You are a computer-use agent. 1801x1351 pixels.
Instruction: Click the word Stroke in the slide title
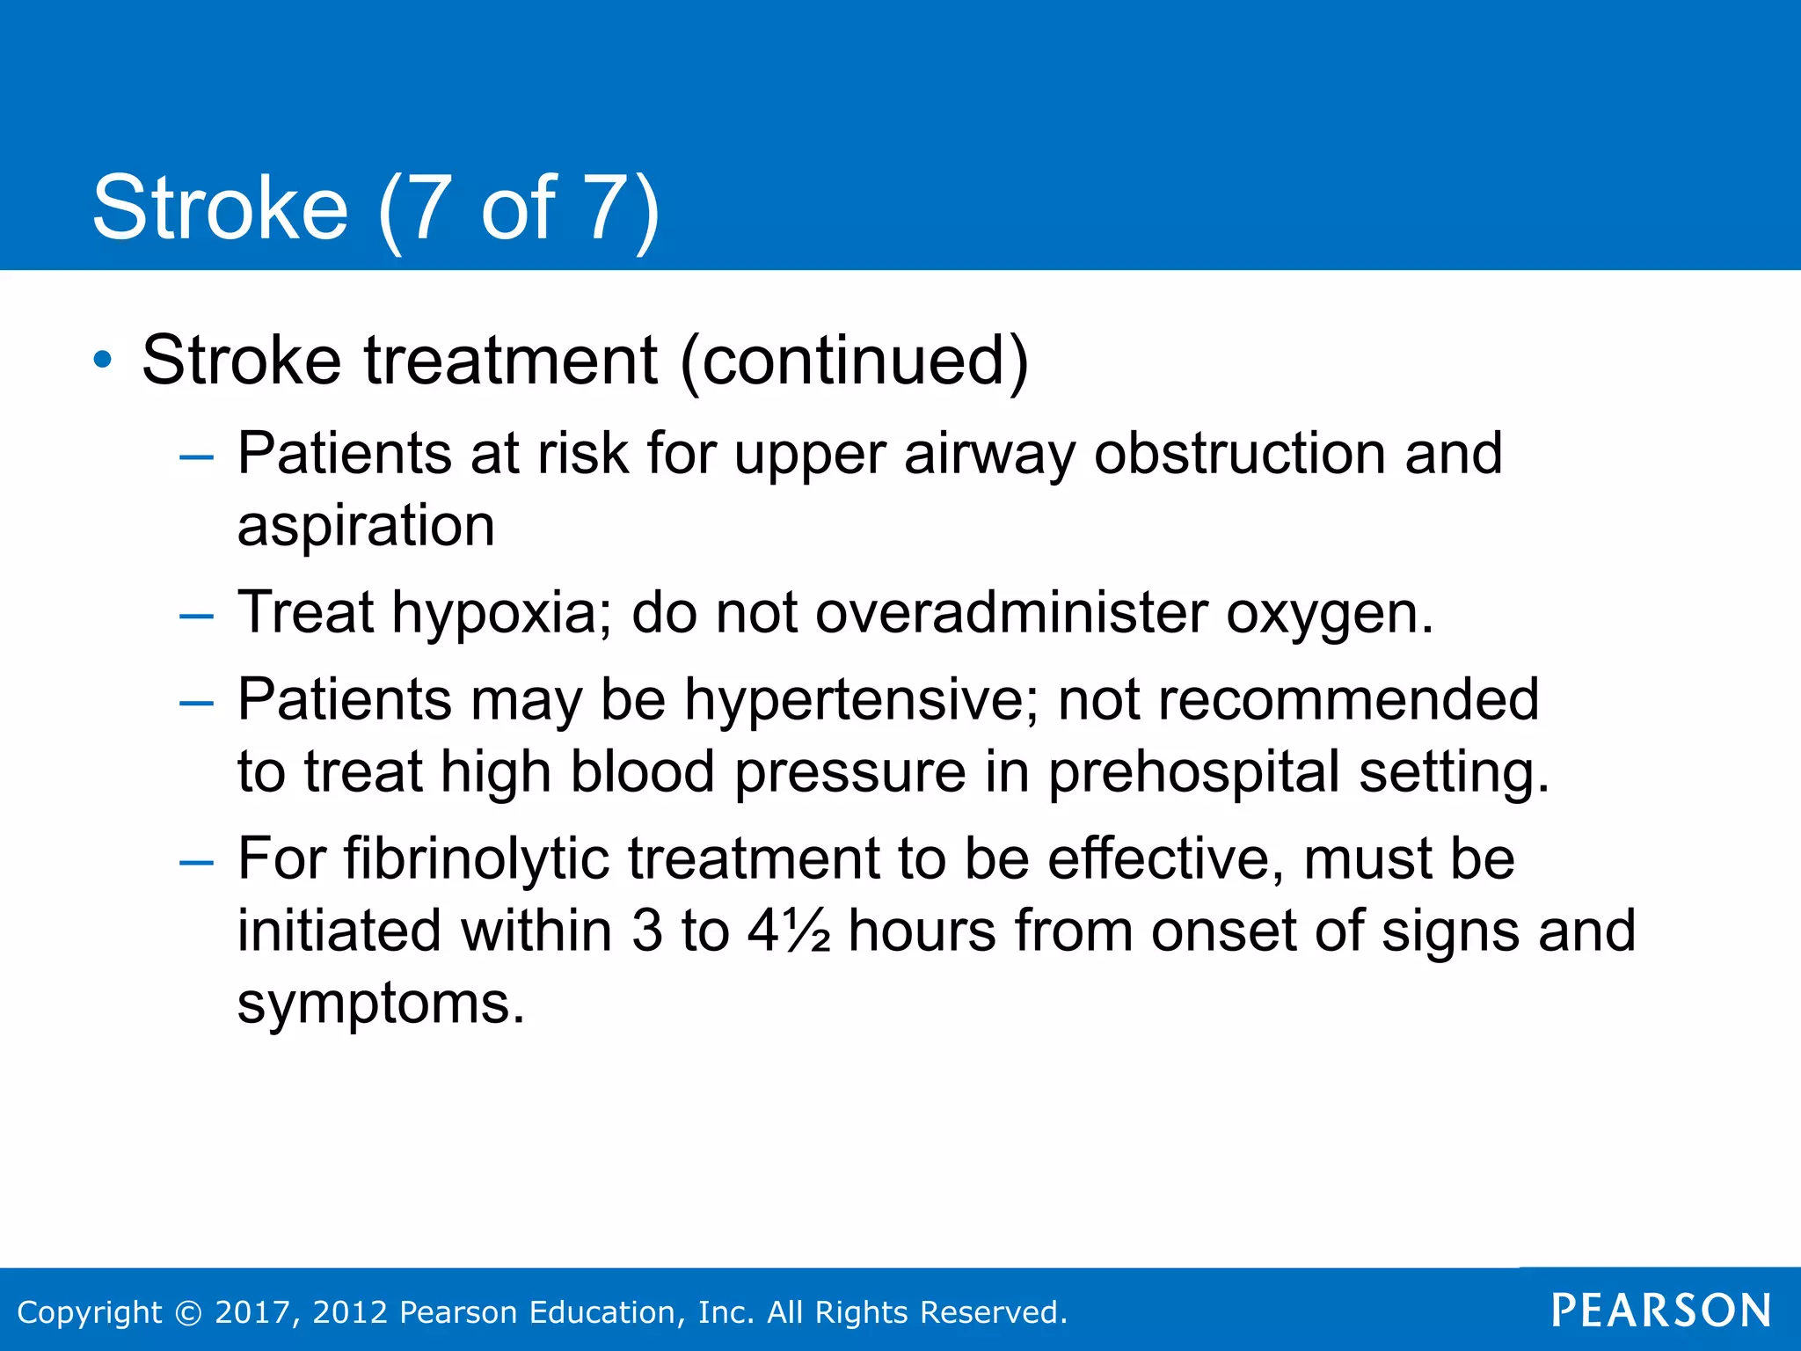click(220, 208)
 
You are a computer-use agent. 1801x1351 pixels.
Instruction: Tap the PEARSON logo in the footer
click(1661, 1311)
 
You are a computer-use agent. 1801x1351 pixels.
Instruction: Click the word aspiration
click(366, 527)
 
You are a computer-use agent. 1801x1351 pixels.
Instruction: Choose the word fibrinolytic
click(476, 858)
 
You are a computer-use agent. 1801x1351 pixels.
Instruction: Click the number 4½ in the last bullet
click(789, 931)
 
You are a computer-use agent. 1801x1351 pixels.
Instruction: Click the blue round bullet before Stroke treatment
click(103, 360)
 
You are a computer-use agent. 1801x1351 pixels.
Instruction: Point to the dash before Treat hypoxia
click(195, 616)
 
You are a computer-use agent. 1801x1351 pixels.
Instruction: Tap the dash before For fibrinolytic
click(195, 862)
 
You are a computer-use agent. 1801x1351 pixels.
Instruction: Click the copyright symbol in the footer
click(188, 1312)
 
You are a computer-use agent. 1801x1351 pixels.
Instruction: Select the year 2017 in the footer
click(249, 1312)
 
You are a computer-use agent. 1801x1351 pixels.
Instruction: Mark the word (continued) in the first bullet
click(854, 361)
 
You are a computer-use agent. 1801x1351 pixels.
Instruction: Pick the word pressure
click(850, 773)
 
